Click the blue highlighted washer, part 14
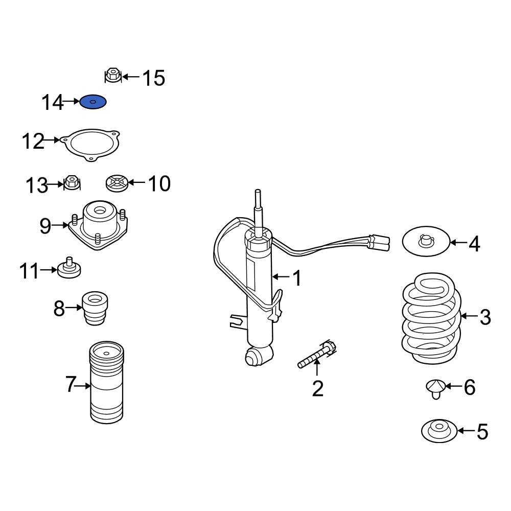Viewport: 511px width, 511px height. coord(93,102)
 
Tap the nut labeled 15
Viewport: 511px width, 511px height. coord(112,76)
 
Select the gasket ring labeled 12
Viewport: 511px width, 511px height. coord(90,144)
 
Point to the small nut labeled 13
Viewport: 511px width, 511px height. coord(72,182)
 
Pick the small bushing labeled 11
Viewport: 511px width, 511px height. coord(69,269)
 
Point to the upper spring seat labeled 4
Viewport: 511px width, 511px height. coord(426,242)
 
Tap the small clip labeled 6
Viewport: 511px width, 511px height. coord(434,388)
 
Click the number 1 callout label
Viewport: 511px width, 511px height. coord(297,278)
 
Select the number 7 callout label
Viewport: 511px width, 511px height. coord(71,385)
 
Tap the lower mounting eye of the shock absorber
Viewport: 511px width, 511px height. coord(254,356)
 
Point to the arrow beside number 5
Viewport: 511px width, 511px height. coord(466,431)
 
